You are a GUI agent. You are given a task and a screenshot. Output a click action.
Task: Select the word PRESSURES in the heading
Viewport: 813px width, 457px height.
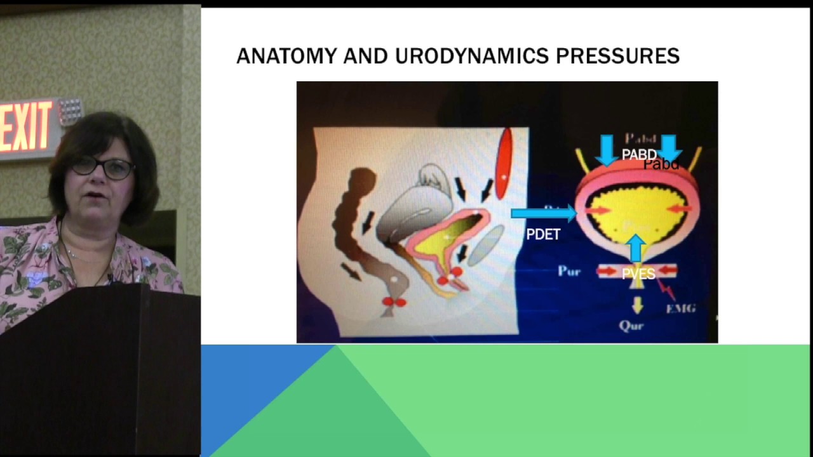coord(617,56)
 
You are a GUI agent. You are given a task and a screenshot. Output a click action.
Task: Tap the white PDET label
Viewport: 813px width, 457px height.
coord(543,235)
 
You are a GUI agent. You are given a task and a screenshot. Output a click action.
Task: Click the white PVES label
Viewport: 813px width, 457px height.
coord(638,274)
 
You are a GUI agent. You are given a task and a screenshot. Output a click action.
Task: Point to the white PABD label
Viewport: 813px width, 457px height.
coord(638,154)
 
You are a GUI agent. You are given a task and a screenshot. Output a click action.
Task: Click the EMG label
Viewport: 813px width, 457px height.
coord(680,308)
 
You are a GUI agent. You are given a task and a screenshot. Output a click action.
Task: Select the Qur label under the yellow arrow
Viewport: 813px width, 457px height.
coord(631,326)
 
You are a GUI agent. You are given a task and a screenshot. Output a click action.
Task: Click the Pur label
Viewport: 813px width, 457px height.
coord(569,271)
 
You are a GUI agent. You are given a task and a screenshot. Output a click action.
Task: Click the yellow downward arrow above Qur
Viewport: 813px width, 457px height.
coord(637,305)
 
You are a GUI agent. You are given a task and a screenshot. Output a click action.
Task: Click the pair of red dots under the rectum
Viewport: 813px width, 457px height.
coord(394,303)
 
